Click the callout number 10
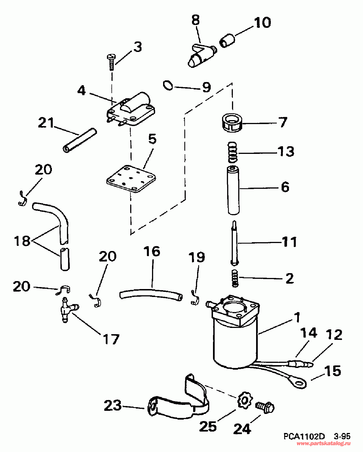262,22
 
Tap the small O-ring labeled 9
168,86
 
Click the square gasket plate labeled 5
131,179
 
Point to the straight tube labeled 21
80,140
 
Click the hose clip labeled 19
195,298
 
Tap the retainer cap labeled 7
232,122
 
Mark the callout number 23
113,405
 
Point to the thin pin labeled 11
234,243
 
